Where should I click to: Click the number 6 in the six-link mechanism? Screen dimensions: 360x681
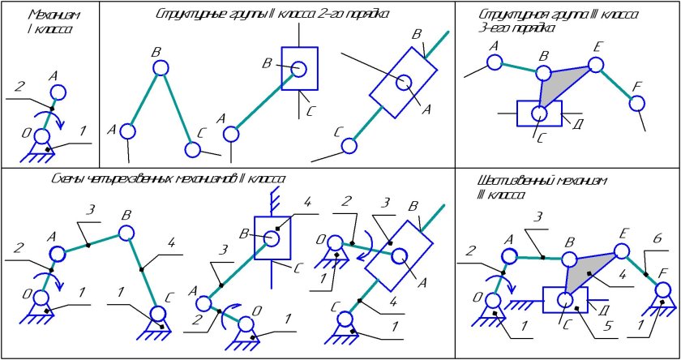click(x=657, y=238)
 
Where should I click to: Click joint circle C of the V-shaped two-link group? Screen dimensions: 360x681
click(x=192, y=149)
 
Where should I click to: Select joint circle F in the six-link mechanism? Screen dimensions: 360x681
click(x=663, y=289)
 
